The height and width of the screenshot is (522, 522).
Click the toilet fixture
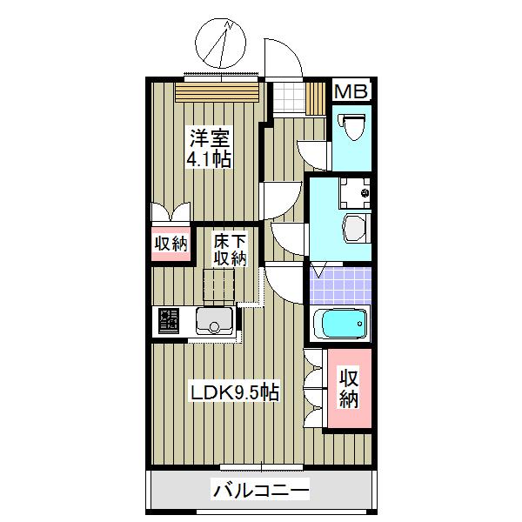tap(353, 129)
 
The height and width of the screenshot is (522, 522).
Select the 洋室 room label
tap(211, 137)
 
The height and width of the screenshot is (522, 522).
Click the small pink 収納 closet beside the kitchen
tap(171, 244)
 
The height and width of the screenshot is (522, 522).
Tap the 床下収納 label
tap(231, 249)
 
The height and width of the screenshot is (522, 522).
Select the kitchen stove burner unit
tap(170, 322)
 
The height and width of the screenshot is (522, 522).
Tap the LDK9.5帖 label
tap(235, 392)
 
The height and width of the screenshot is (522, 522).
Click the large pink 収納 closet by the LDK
tap(349, 389)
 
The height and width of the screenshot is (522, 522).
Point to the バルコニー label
tap(261, 492)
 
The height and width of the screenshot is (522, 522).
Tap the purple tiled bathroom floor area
tap(338, 284)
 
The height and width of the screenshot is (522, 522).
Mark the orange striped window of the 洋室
tap(217, 91)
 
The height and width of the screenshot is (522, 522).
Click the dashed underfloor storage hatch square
tap(220, 284)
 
